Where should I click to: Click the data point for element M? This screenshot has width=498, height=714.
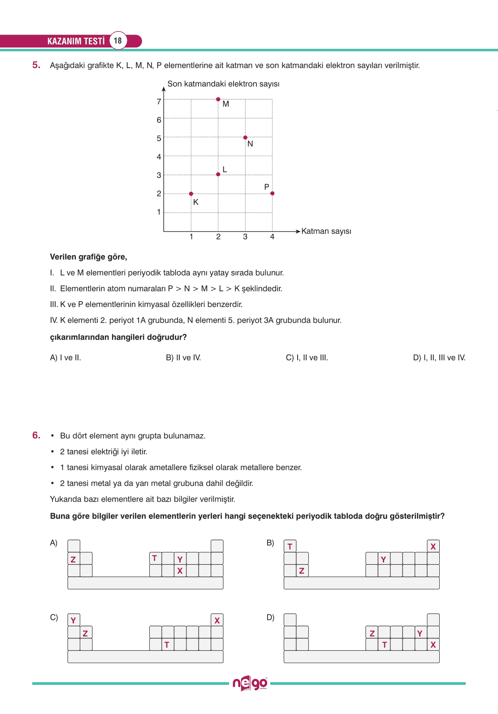[x=218, y=99]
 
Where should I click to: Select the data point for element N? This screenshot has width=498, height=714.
[x=245, y=138]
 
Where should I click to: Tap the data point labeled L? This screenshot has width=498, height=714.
[x=218, y=174]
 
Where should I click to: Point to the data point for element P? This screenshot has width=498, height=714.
[x=273, y=194]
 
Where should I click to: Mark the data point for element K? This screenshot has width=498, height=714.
[x=191, y=194]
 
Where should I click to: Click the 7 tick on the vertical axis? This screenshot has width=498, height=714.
[x=159, y=102]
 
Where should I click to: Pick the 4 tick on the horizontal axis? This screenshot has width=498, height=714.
[x=272, y=237]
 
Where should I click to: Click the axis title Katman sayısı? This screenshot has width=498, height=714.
[x=326, y=231]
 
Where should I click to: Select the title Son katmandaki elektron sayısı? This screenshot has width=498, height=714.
[x=223, y=84]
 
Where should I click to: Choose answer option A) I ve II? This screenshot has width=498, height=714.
[x=65, y=358]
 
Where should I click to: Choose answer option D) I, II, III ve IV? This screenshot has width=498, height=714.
[x=439, y=358]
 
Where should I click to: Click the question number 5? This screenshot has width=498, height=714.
[x=36, y=65]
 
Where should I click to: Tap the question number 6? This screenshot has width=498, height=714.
[x=36, y=435]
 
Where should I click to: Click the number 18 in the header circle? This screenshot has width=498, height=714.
[x=118, y=41]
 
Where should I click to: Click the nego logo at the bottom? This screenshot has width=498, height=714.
[x=250, y=684]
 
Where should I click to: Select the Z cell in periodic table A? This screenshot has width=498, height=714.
[x=74, y=559]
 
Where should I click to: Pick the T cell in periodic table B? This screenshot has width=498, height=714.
[x=290, y=546]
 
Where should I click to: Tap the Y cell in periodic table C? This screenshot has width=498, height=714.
[x=74, y=620]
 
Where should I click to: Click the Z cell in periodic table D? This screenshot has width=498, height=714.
[x=372, y=633]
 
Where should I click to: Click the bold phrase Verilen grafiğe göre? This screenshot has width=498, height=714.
[x=88, y=257]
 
